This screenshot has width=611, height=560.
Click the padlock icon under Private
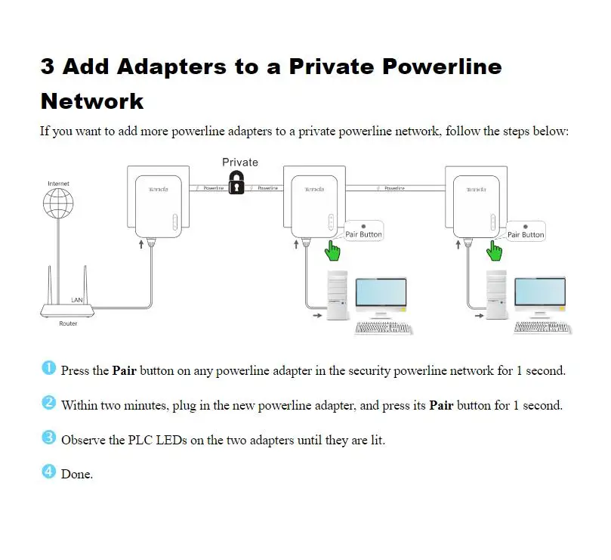tap(236, 182)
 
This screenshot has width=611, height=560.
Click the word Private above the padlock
tap(239, 162)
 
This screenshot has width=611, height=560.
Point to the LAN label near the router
tap(77, 300)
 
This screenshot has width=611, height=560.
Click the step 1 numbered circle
tap(49, 369)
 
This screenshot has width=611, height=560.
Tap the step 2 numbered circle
tap(49, 403)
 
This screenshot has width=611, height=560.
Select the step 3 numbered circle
tap(49, 438)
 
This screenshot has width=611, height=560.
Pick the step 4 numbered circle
tap(49, 472)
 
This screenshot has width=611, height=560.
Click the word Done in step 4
tap(76, 475)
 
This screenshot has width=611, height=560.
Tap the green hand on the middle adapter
tap(332, 249)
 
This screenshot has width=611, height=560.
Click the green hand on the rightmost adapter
tap(495, 249)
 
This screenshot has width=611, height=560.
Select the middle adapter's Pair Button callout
tap(364, 231)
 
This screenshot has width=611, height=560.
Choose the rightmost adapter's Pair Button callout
tap(526, 231)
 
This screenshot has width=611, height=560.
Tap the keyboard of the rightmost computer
tap(542, 328)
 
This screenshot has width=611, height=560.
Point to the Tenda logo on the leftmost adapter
tap(158, 189)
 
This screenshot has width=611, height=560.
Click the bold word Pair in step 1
tap(124, 370)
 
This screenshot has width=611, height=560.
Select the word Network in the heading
tap(92, 101)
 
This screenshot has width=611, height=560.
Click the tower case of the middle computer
tap(336, 297)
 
